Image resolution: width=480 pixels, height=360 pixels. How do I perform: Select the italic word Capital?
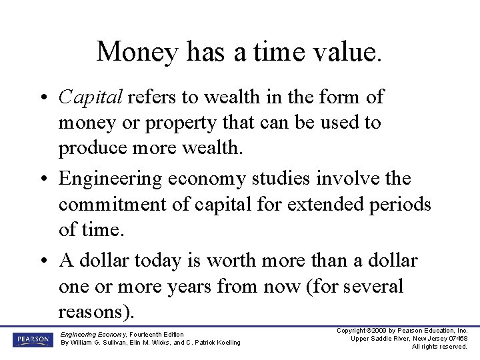(90, 97)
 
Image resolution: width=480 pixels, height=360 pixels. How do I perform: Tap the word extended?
(303, 203)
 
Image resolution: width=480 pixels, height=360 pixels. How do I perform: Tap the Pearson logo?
(31, 339)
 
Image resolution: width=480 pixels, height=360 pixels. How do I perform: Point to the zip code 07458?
(456, 339)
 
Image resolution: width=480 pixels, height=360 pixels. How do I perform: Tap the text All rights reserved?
(439, 347)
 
